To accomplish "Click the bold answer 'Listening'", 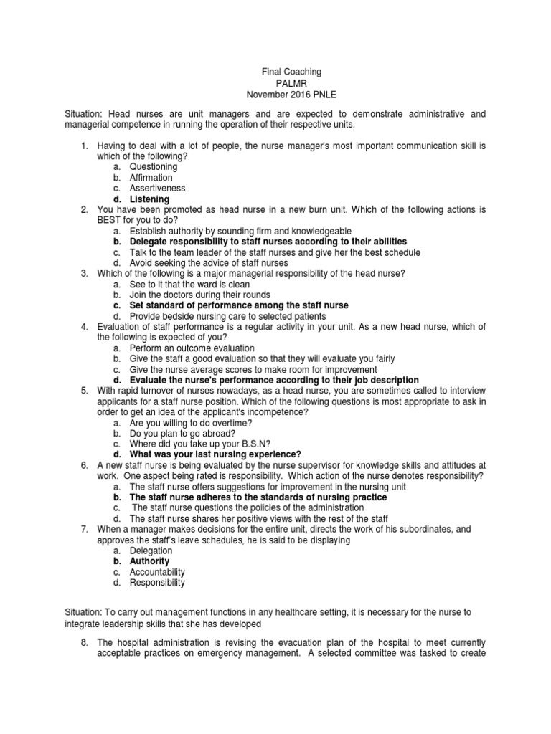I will [x=149, y=199].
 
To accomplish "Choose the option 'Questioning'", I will [x=154, y=167].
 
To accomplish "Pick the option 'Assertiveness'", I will [x=157, y=189].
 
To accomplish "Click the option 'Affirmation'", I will [x=151, y=178].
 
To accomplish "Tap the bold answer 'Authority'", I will [x=149, y=561].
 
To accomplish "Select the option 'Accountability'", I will [x=157, y=572].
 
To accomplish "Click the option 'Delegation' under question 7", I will [x=151, y=550].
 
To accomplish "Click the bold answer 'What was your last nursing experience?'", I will [x=215, y=454].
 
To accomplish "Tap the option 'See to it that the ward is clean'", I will [x=190, y=284].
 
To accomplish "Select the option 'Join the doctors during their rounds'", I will [x=200, y=295].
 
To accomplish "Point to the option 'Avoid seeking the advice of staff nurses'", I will [x=209, y=263].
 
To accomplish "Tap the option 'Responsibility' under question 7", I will [x=157, y=583].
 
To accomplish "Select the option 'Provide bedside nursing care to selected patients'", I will [x=228, y=316].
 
